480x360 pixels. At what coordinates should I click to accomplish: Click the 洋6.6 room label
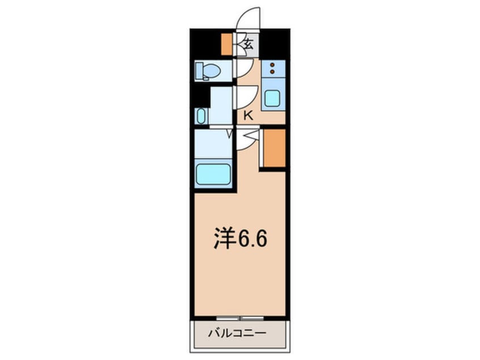[x=240, y=240]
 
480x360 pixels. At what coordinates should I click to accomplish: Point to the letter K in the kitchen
[x=247, y=116]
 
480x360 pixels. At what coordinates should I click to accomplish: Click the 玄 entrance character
[x=248, y=41]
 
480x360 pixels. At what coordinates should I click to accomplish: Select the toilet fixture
[x=207, y=71]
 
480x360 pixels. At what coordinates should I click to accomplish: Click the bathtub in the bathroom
[x=213, y=174]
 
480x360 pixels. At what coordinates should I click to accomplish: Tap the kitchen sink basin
[x=272, y=99]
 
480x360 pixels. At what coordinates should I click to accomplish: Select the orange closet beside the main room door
[x=274, y=148]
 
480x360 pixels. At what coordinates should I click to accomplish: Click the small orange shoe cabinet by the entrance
[x=226, y=44]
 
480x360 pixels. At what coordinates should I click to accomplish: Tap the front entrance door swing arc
[x=249, y=18]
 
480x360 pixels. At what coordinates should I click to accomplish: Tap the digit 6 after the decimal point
[x=260, y=240]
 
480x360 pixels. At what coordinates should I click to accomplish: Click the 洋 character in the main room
[x=224, y=240]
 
